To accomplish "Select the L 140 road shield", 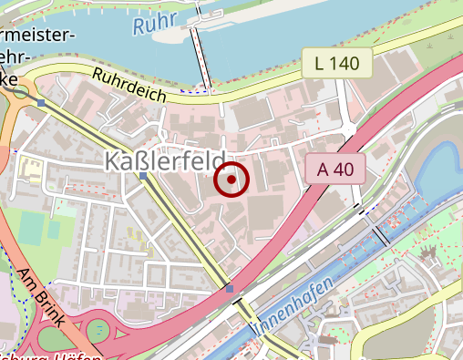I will tap(337, 64).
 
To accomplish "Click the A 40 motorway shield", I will tap(335, 169).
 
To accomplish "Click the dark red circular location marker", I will tap(231, 180).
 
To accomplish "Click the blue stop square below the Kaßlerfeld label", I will tap(143, 176).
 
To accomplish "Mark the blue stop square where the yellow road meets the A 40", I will tap(229, 290).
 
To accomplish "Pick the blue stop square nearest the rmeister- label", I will tap(42, 104).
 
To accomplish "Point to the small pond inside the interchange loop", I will tap(98, 330).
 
